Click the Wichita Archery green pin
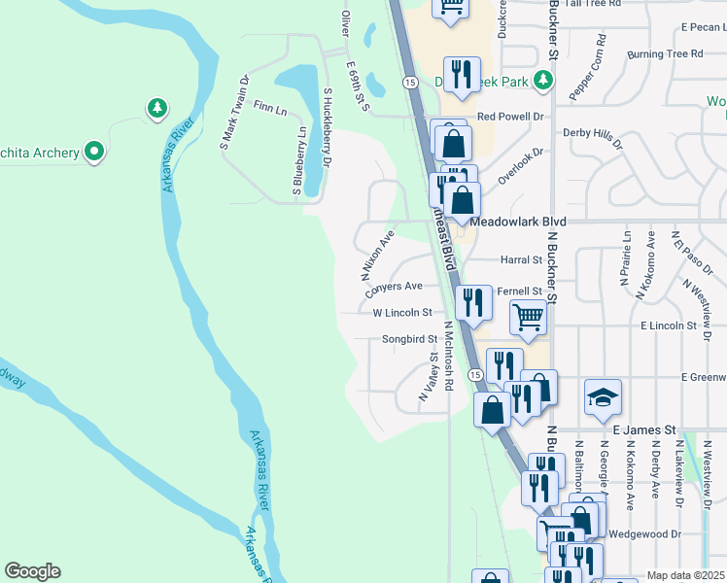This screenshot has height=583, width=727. click(x=94, y=151)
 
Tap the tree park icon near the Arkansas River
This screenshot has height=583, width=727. click(x=156, y=108)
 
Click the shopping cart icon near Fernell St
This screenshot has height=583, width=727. click(x=528, y=317)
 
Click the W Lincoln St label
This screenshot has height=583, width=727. click(x=401, y=313)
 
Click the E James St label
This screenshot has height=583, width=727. click(x=643, y=429)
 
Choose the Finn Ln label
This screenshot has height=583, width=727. click(x=269, y=107)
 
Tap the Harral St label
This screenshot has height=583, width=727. click(x=521, y=260)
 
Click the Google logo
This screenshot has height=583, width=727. click(x=32, y=571)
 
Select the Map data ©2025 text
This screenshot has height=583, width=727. click(x=684, y=575)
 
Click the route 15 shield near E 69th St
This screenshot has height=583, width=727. click(x=411, y=84)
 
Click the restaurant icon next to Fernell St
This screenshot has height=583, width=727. click(x=472, y=301)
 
